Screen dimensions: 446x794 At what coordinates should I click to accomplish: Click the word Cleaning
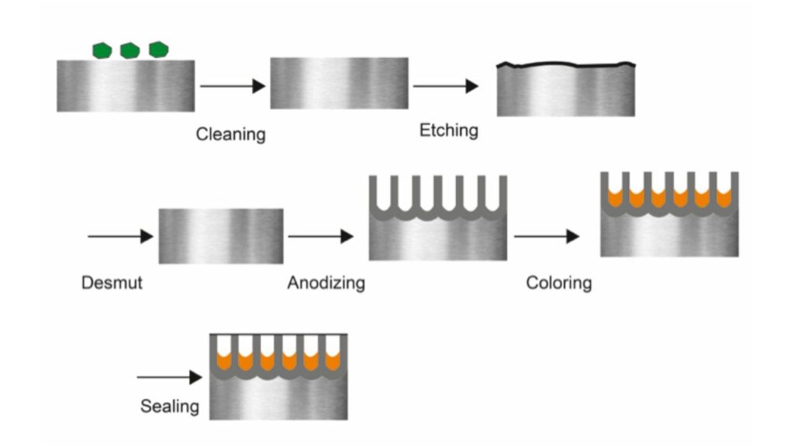[x=230, y=134]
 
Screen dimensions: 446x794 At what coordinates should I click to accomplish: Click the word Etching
[x=448, y=129]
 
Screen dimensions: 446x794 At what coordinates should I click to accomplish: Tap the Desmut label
[x=112, y=283]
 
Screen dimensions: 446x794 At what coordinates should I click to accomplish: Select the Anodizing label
[x=326, y=283]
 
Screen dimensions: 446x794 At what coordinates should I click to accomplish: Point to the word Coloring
[x=558, y=283]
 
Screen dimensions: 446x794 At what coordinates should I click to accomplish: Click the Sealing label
[x=169, y=406]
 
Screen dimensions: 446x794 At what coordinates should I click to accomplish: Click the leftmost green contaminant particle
[x=102, y=50]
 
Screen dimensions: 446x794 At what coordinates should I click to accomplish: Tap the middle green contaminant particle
[x=129, y=50]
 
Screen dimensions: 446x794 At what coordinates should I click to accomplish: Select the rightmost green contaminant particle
[x=158, y=50]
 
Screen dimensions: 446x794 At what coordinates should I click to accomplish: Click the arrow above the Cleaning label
[x=232, y=86]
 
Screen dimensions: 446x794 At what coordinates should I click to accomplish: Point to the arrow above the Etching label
[x=445, y=86]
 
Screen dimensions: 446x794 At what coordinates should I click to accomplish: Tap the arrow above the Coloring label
[x=547, y=236]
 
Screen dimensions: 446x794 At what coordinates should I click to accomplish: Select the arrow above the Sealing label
[x=168, y=378]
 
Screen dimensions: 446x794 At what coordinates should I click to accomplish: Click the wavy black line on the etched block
[x=565, y=66]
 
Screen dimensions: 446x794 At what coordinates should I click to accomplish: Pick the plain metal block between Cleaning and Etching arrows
[x=339, y=83]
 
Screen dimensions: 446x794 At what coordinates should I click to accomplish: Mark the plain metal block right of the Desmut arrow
[x=221, y=236]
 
